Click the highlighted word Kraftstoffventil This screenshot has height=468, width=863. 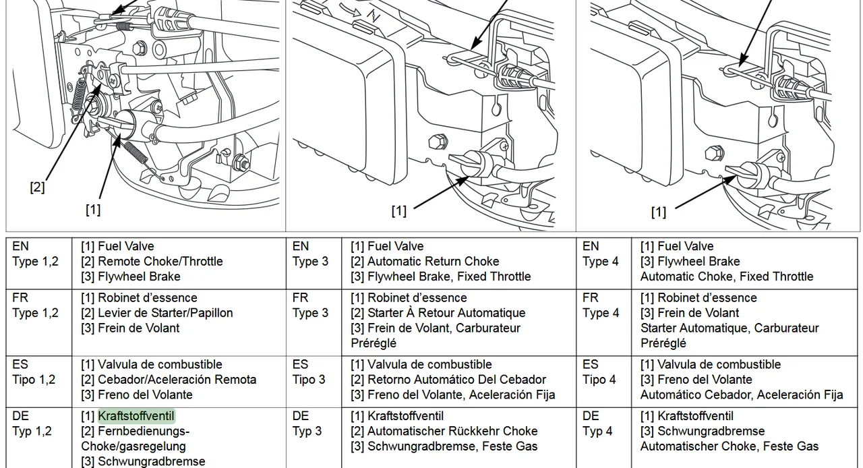point(137,416)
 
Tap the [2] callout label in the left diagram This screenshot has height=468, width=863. point(37,187)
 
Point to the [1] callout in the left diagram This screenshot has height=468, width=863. point(93,210)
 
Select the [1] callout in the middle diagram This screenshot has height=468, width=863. point(399,211)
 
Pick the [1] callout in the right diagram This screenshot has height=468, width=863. point(658,212)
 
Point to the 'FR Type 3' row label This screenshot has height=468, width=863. point(310,305)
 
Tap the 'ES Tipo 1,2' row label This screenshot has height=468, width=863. point(34,372)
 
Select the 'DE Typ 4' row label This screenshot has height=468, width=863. point(597,423)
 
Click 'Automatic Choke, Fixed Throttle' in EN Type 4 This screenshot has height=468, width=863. point(727,276)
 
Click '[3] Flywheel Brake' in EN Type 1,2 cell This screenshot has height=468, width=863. point(131,276)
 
